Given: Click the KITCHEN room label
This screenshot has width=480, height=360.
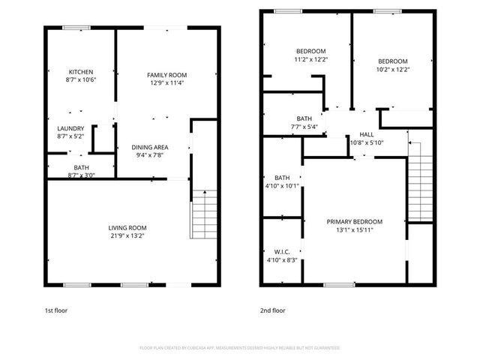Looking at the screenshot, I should (81, 72).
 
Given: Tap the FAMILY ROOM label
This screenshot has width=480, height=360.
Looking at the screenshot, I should (166, 75).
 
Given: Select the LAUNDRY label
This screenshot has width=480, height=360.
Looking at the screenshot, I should (70, 128).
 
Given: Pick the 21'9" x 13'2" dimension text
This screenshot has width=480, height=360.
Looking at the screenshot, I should (127, 236).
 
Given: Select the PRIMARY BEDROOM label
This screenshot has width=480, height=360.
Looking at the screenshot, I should (355, 222).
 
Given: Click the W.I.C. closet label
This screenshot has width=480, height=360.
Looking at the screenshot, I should (282, 252).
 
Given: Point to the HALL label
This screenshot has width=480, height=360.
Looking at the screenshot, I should (367, 134).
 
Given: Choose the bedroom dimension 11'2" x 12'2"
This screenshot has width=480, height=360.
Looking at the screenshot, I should (310, 58).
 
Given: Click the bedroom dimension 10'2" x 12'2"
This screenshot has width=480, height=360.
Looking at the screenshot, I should (392, 70).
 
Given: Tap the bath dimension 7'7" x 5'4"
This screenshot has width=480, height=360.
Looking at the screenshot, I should (304, 127).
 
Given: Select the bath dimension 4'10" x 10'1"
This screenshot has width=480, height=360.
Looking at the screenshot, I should (282, 186).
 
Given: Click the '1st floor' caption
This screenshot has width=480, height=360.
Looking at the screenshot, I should (56, 310).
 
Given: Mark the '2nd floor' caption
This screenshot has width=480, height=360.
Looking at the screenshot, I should (273, 310).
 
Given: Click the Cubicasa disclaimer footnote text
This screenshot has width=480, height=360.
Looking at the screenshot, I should (240, 348).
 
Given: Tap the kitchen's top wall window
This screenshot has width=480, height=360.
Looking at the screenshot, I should (75, 28).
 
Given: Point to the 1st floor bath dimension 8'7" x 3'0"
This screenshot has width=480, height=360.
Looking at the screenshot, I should (81, 175).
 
